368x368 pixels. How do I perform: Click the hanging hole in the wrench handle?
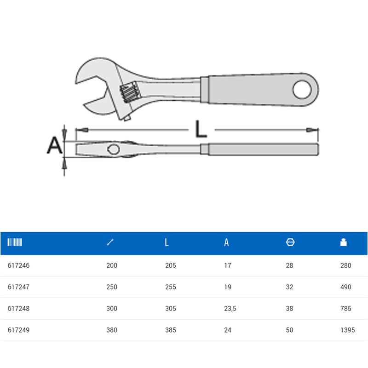pyautogui.click(x=302, y=89)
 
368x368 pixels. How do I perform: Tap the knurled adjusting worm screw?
pyautogui.click(x=130, y=92)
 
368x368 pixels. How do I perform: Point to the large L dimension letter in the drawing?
pyautogui.click(x=201, y=129)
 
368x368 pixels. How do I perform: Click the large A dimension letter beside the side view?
pyautogui.click(x=54, y=145)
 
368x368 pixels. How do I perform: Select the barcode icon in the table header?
pyautogui.click(x=15, y=242)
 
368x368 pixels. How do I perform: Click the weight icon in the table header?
pyautogui.click(x=343, y=242)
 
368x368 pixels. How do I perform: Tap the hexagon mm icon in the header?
pyautogui.click(x=290, y=242)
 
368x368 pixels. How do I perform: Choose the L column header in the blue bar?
pyautogui.click(x=167, y=242)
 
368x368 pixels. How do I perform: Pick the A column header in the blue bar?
pyautogui.click(x=226, y=242)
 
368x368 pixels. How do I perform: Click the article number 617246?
pyautogui.click(x=18, y=265)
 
